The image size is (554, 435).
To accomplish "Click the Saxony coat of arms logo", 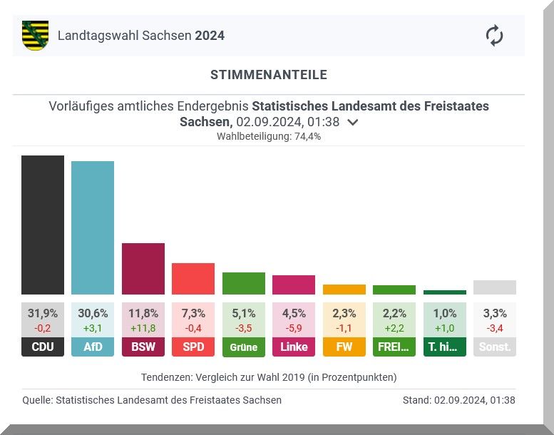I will pos(36,35).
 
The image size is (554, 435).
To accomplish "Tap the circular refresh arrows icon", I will pos(494,36).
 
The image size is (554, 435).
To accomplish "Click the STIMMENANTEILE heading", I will pos(269,75).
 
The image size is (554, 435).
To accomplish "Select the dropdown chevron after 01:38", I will pos(352,122).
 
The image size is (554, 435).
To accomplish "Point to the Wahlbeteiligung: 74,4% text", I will pos(269,136).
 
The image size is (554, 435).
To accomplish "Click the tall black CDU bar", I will pos(43,225).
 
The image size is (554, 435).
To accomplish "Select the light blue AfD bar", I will pos(93,227).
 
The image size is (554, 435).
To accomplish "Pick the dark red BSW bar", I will pos(143,269).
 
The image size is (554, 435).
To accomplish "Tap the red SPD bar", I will pos(193,279).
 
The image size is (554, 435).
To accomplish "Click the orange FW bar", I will pos(344,290).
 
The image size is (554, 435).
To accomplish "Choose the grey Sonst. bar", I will pos(494,287).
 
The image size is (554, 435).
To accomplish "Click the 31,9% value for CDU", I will pos(43,313).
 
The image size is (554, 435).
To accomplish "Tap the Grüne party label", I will pos(243,347).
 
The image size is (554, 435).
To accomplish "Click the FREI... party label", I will pos(394,347).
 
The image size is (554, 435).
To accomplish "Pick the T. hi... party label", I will pos(444,347).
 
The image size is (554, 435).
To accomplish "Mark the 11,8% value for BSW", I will pos(143,313).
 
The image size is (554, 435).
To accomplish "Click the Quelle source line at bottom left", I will pos(152,400).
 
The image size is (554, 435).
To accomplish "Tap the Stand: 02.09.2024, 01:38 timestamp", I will pos(458,400).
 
